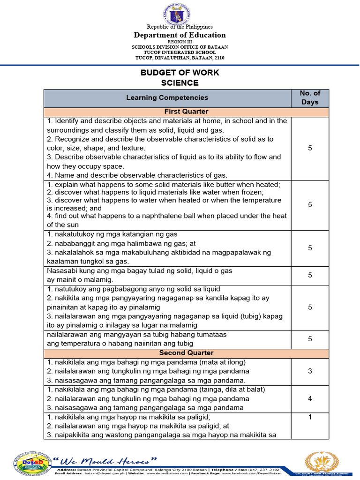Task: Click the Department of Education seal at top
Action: [x=180, y=14]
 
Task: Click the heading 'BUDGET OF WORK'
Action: [x=180, y=73]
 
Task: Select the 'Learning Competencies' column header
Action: [x=167, y=97]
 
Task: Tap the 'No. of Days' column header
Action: [x=310, y=97]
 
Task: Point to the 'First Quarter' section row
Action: [x=186, y=112]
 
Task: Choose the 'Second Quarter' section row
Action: [x=186, y=352]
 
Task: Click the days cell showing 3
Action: [x=310, y=371]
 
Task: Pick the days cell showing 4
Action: [x=310, y=398]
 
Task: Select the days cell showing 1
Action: [x=310, y=417]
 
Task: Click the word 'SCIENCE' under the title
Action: [x=180, y=83]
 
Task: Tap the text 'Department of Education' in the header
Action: [x=180, y=35]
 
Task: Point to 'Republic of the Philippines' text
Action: [x=180, y=27]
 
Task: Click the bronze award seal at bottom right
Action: [x=321, y=462]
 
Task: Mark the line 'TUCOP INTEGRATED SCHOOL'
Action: [x=180, y=52]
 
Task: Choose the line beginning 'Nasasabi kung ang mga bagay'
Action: [x=140, y=271]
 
